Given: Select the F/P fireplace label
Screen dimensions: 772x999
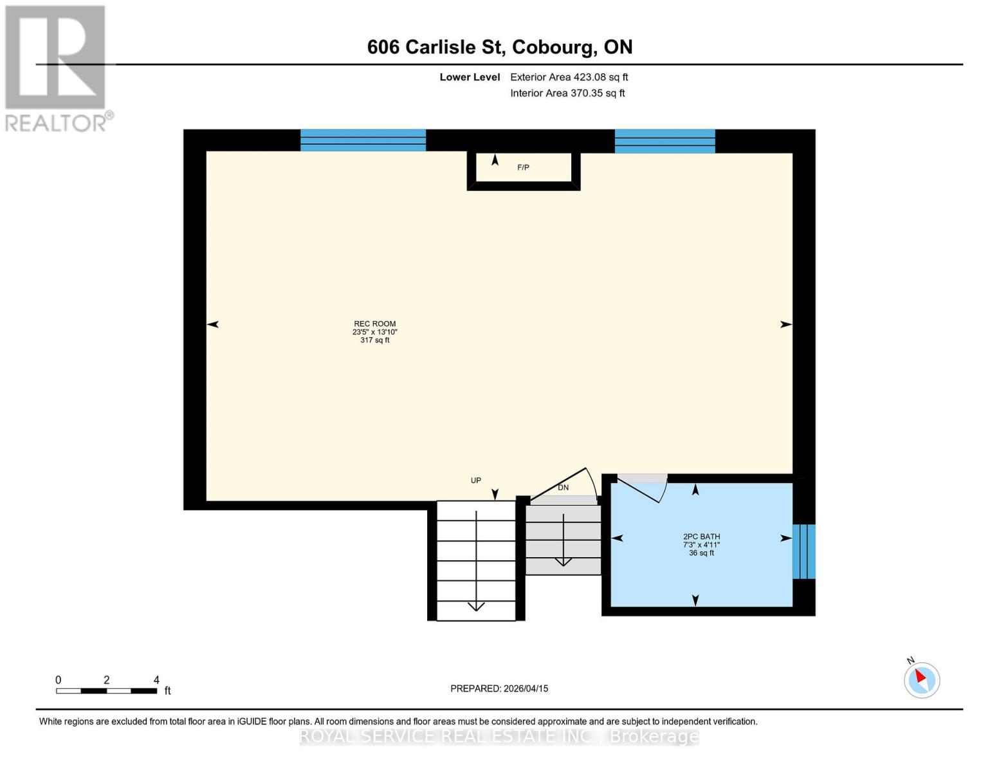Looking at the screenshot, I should click(523, 168).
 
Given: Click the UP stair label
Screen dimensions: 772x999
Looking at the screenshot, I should click(475, 481).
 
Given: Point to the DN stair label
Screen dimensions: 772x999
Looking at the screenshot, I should click(563, 488).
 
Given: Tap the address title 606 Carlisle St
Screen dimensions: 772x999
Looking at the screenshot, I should click(499, 47).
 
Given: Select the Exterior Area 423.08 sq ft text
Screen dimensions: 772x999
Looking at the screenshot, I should click(569, 77).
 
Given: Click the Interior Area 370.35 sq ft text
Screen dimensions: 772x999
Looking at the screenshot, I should click(567, 93).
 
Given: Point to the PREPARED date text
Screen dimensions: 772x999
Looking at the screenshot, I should click(499, 688).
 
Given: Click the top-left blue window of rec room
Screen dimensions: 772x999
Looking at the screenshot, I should click(363, 140).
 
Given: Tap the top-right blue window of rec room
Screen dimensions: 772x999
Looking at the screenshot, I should click(664, 141).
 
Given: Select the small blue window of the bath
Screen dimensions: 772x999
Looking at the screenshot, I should click(803, 551).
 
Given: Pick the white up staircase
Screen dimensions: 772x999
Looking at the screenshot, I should click(476, 560).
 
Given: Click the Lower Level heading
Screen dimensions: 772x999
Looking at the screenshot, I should click(470, 77).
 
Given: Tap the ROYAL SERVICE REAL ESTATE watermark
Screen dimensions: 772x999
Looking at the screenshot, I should click(499, 736).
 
